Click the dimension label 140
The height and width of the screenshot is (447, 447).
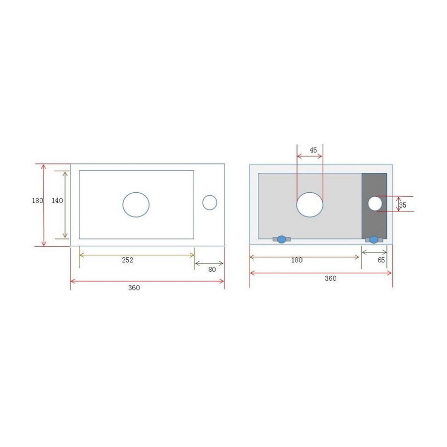(x=57, y=201)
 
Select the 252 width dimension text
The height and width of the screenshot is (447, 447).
(x=128, y=260)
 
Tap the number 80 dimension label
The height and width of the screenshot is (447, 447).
(x=212, y=270)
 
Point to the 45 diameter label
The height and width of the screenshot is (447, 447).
(x=313, y=150)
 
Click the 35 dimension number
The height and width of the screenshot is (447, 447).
(x=402, y=205)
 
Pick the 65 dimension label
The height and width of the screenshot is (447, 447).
(x=381, y=260)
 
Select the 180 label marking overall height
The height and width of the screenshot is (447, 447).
(x=37, y=201)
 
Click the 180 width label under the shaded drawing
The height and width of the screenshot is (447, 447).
(x=297, y=260)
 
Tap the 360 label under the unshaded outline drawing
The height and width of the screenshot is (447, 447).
(x=134, y=288)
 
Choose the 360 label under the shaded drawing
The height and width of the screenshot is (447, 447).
(x=330, y=279)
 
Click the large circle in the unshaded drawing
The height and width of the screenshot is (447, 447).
(x=136, y=205)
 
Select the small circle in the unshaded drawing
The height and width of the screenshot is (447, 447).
(x=210, y=203)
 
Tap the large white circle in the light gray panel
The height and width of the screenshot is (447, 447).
(x=310, y=205)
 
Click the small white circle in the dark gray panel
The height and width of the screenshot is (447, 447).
(x=375, y=203)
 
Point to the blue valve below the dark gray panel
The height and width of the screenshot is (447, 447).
(x=374, y=239)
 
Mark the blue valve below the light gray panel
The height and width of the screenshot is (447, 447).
(x=282, y=239)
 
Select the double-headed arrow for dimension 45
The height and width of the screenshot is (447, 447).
(x=310, y=156)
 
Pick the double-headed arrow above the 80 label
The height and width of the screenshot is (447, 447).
(x=209, y=263)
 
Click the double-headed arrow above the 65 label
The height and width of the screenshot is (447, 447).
(x=374, y=253)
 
